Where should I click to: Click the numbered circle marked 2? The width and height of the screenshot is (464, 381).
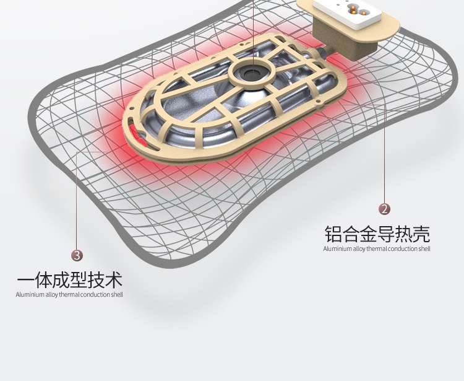[x=385, y=209]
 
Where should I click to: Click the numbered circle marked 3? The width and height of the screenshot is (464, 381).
[x=77, y=255]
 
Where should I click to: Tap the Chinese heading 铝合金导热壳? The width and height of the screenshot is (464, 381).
[x=377, y=234]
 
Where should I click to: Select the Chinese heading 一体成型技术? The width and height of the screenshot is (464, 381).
[x=69, y=280]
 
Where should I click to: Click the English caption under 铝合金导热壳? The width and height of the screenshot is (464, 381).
[x=376, y=249]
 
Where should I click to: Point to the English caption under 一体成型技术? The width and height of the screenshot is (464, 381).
[x=69, y=295]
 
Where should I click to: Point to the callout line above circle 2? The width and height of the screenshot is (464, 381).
[x=385, y=155]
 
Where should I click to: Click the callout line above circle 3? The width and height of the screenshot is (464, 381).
[x=77, y=198]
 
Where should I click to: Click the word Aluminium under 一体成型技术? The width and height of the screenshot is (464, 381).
[x=27, y=295]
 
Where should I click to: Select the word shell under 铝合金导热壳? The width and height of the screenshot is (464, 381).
[x=424, y=249]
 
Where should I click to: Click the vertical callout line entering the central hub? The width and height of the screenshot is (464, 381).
[x=253, y=31]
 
